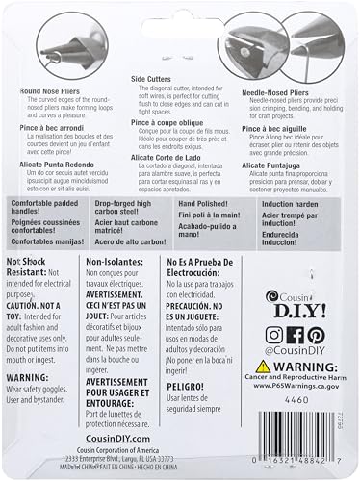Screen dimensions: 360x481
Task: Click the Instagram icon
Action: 273,336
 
